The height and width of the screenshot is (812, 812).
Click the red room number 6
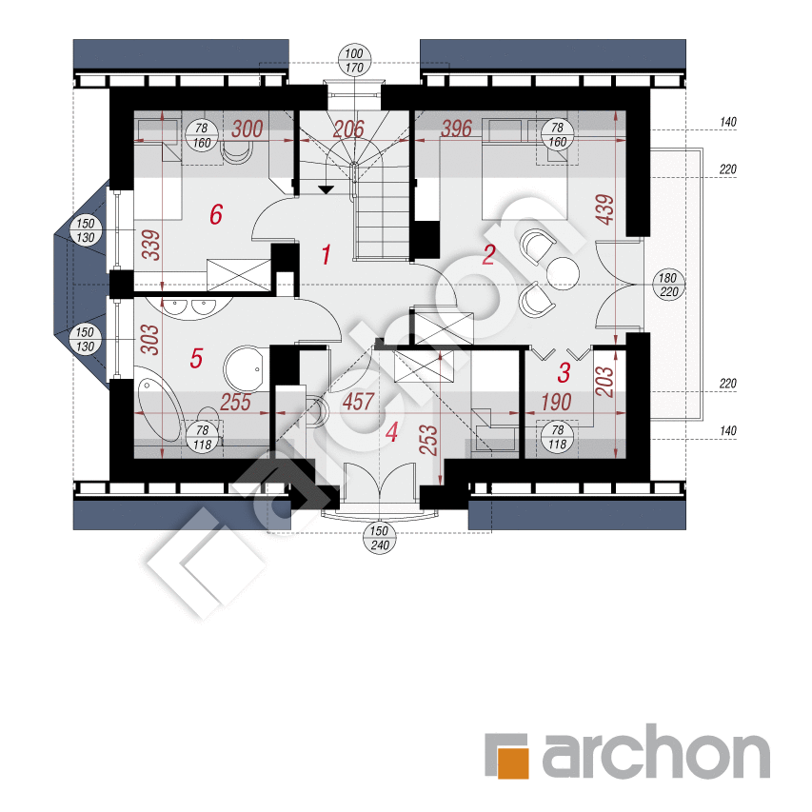tap(216, 214)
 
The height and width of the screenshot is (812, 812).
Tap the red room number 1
tap(326, 255)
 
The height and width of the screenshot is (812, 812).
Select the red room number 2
tap(489, 255)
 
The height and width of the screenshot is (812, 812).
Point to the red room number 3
tap(564, 372)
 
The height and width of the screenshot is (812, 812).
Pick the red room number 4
tap(392, 432)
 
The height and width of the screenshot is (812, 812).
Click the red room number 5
tap(196, 358)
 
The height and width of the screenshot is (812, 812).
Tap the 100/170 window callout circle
tap(354, 61)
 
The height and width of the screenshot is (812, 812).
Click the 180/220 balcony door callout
tap(668, 285)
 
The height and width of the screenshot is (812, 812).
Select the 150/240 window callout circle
tap(380, 538)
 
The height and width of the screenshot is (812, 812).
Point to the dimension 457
tap(358, 402)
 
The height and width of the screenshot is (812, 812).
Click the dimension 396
tap(456, 129)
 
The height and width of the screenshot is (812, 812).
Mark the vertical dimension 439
tap(604, 209)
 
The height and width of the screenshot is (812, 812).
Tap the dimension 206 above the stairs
tap(348, 129)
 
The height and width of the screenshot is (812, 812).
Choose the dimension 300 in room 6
tap(247, 129)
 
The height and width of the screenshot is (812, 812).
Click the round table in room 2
tap(562, 273)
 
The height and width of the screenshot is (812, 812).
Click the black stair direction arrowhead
tap(326, 190)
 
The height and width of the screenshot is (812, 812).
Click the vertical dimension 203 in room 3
tap(604, 382)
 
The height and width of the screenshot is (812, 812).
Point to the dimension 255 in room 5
tap(236, 402)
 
